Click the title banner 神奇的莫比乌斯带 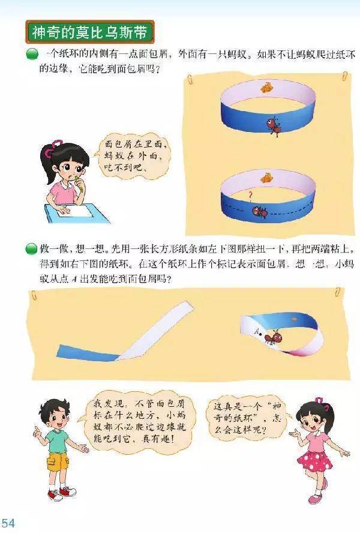90,32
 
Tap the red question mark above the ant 251,196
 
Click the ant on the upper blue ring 274,127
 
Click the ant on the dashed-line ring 260,211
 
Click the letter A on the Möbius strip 257,330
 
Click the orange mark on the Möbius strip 294,319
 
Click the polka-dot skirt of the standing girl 314,461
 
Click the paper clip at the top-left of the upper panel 190,80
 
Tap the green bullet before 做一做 31,249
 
